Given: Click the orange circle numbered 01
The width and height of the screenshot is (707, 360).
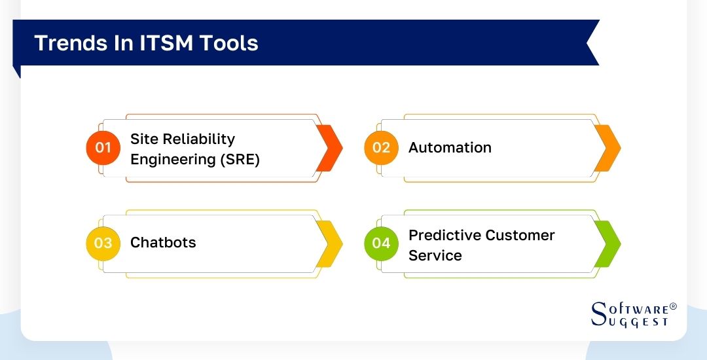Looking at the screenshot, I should (x=103, y=148).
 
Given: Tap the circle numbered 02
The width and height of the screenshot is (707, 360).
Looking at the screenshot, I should (x=381, y=148).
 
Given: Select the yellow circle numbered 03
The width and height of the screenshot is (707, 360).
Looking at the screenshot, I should (x=103, y=243).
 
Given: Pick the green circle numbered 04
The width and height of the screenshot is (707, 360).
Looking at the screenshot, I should (x=381, y=243).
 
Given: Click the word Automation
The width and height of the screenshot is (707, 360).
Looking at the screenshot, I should (x=450, y=148).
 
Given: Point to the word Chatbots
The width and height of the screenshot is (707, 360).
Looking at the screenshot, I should (x=163, y=243).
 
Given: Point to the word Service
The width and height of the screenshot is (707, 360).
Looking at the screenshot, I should (x=435, y=255).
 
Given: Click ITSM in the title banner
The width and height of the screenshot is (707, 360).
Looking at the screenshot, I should (x=157, y=43).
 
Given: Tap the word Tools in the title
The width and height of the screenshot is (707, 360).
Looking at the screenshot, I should (x=229, y=43).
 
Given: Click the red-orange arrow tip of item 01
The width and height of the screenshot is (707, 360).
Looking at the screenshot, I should (x=329, y=148).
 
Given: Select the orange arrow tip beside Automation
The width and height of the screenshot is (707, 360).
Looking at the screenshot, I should (x=607, y=148).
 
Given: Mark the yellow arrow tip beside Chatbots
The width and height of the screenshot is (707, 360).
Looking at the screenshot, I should (x=329, y=243).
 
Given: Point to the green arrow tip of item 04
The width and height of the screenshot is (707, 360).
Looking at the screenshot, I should (x=607, y=243).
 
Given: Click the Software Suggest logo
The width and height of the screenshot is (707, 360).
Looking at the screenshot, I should (x=633, y=315).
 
